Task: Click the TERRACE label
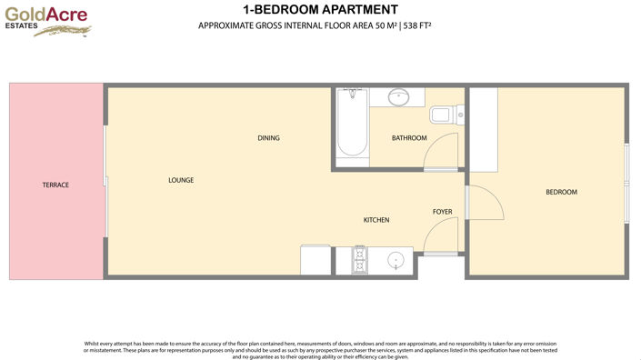pos(55,185)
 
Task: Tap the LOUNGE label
pos(181,180)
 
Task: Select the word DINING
pos(268,138)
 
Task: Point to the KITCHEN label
pos(376,220)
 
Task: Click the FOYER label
pos(443,212)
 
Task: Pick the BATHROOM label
pos(409,138)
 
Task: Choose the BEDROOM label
pos(561,192)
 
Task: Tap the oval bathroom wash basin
pos(399,95)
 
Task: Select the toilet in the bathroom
pos(443,115)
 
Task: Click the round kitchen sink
pos(396,262)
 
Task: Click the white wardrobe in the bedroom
pos(483,129)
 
